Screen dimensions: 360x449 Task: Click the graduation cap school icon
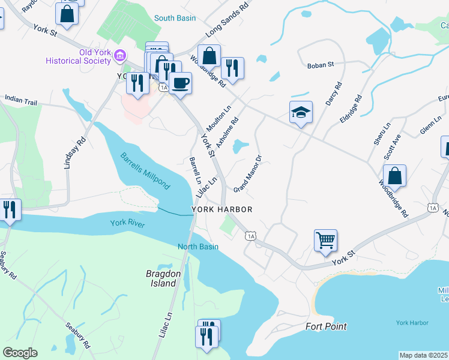tap(301, 112)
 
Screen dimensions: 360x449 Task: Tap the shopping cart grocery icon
tap(325, 240)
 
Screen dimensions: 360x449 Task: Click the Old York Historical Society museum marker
tap(119, 56)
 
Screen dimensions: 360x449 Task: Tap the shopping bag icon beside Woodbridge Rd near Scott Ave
tap(394, 176)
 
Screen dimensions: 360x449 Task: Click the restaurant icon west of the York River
tap(10, 209)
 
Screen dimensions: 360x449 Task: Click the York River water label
tap(128, 223)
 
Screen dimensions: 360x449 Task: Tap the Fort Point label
tap(326, 327)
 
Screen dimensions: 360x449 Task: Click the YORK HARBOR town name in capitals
tap(221, 209)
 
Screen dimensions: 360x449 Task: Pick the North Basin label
tap(197, 247)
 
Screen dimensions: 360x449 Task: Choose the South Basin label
tap(175, 18)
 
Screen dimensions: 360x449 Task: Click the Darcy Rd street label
tap(333, 94)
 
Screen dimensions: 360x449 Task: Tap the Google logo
tap(20, 353)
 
